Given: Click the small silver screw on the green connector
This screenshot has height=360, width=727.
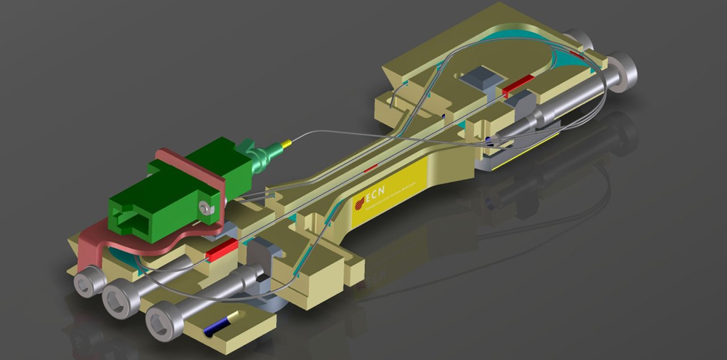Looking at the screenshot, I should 209,209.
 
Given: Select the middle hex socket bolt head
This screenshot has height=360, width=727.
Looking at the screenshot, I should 116,296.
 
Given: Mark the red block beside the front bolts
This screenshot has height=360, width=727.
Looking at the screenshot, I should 222,252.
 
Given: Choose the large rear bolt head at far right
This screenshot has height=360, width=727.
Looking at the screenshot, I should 623,70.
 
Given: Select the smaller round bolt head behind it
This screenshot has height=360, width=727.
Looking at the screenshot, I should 579,40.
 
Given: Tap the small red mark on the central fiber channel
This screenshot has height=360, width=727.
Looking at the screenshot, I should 371,169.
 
